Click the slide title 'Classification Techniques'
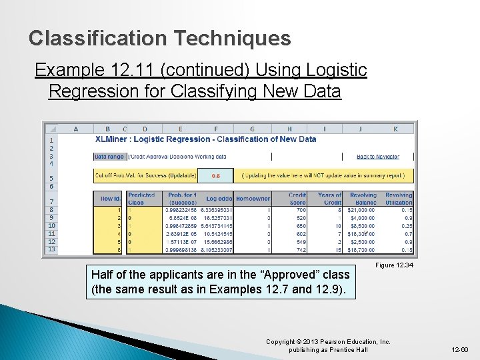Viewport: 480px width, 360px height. [160, 38]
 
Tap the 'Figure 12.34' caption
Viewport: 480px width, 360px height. [394, 265]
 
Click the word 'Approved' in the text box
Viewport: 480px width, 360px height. [281, 275]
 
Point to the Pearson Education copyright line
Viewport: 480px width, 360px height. [328, 342]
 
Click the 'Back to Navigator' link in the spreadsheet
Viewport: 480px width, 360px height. [377, 156]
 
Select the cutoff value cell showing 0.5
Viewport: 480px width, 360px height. [216, 176]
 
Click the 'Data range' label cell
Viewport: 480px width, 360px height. [109, 156]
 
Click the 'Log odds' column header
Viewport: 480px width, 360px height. [219, 199]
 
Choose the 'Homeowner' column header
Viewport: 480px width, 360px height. [253, 199]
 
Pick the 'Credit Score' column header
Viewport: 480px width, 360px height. [297, 199]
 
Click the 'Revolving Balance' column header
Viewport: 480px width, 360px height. [363, 199]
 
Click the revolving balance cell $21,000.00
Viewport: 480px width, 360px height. [361, 209]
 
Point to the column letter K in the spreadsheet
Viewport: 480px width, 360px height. [395, 129]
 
